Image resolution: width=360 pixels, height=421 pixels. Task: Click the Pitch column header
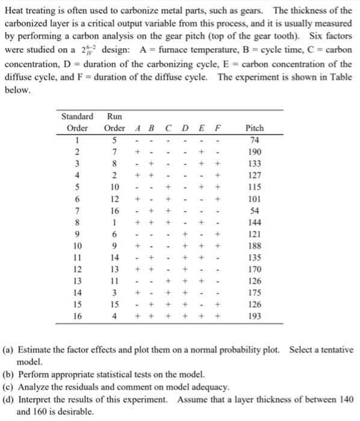(255, 128)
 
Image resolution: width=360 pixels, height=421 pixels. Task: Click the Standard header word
(77, 116)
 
